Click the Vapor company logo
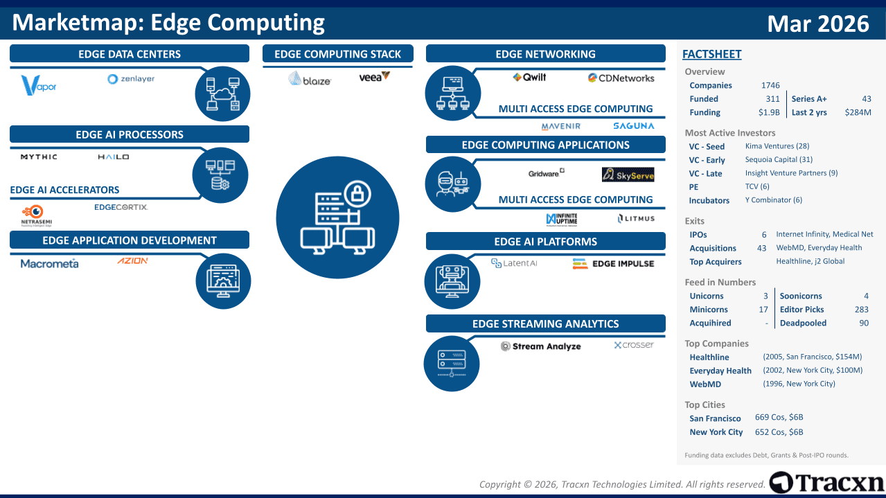[x=39, y=85]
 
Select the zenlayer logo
[x=131, y=79]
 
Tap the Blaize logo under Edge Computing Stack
[x=310, y=79]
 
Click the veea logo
[x=374, y=77]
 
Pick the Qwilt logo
[x=529, y=78]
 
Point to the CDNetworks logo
[x=621, y=78]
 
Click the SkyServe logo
[x=628, y=175]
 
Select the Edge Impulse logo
[x=613, y=263]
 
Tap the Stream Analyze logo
[x=541, y=346]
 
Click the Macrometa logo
[x=49, y=263]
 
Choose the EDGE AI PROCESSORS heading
[x=130, y=134]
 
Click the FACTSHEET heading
[x=711, y=54]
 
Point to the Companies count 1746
[x=770, y=85]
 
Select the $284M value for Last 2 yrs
[x=858, y=112]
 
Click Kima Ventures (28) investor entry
[x=777, y=146]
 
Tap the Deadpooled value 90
[x=863, y=323]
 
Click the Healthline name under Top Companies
[x=709, y=357]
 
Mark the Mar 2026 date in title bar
[x=817, y=24]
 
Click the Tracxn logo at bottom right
[x=826, y=483]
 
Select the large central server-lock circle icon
[x=337, y=217]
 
